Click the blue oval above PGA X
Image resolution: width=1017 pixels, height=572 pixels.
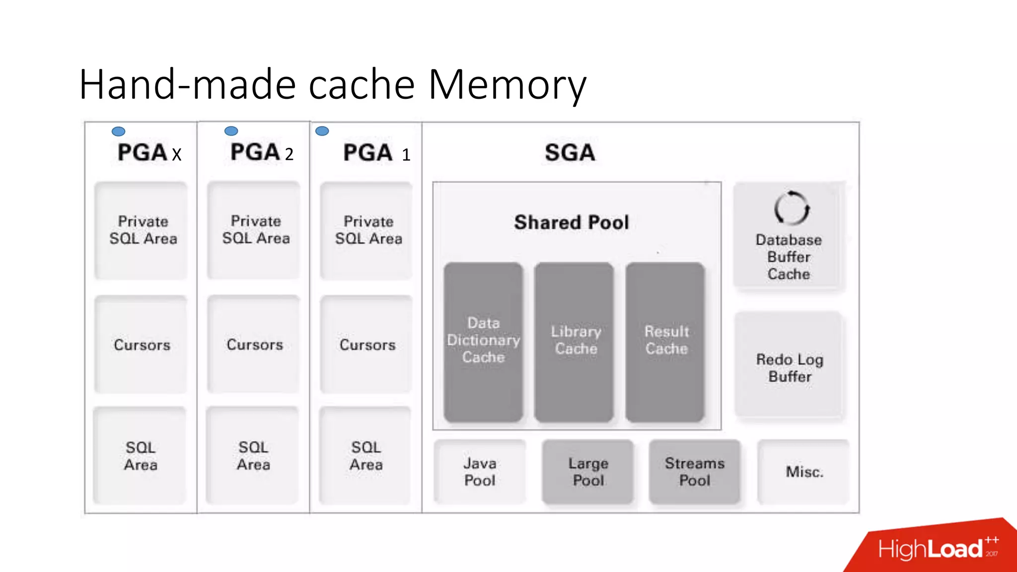(118, 131)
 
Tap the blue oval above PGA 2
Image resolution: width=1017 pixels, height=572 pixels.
(231, 131)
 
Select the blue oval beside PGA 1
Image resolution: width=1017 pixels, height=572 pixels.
(322, 131)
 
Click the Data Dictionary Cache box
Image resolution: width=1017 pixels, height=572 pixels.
(483, 342)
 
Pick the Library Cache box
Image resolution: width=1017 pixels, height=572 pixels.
(575, 342)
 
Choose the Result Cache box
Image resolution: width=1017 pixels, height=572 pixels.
(665, 342)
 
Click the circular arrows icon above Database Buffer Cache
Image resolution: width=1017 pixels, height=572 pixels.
(792, 208)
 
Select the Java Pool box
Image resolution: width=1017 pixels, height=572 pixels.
(480, 471)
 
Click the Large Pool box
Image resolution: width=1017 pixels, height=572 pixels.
(588, 471)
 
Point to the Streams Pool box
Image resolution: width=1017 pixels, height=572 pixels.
(694, 471)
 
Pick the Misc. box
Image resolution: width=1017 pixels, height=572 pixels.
(804, 471)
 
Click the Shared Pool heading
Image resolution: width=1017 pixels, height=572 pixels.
(572, 222)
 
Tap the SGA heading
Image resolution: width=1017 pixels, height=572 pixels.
(570, 152)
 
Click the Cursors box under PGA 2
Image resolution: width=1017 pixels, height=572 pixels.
(254, 344)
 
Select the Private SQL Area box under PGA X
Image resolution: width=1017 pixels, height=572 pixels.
(143, 230)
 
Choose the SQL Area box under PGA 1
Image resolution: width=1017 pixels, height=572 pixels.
(366, 455)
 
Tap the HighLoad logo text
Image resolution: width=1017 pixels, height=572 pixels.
(930, 549)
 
